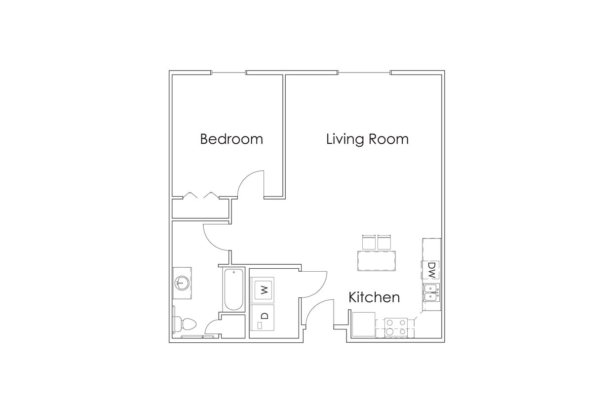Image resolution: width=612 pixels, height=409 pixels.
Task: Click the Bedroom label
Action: click(x=231, y=139)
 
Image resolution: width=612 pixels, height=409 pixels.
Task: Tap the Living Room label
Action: click(x=367, y=139)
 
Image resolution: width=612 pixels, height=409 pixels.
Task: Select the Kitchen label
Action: click(x=374, y=297)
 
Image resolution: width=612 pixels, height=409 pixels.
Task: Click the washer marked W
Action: click(x=264, y=289)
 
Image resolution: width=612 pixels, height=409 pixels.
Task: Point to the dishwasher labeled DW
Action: click(x=431, y=270)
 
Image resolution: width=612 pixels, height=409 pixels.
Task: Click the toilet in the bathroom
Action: click(x=186, y=324)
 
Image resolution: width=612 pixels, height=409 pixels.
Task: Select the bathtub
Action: click(x=233, y=289)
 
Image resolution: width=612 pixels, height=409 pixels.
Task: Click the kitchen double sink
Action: click(x=431, y=293)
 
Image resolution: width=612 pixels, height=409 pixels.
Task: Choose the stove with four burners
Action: click(x=396, y=327)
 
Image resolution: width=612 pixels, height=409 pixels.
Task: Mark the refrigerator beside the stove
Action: click(x=364, y=325)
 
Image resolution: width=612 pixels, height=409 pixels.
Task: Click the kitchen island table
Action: click(x=377, y=260)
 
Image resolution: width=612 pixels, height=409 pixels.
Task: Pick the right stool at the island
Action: click(x=384, y=242)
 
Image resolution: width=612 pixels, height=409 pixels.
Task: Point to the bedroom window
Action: click(x=229, y=73)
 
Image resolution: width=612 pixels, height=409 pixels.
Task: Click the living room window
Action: click(x=364, y=73)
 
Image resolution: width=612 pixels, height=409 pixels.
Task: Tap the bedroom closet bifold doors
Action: click(x=200, y=196)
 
